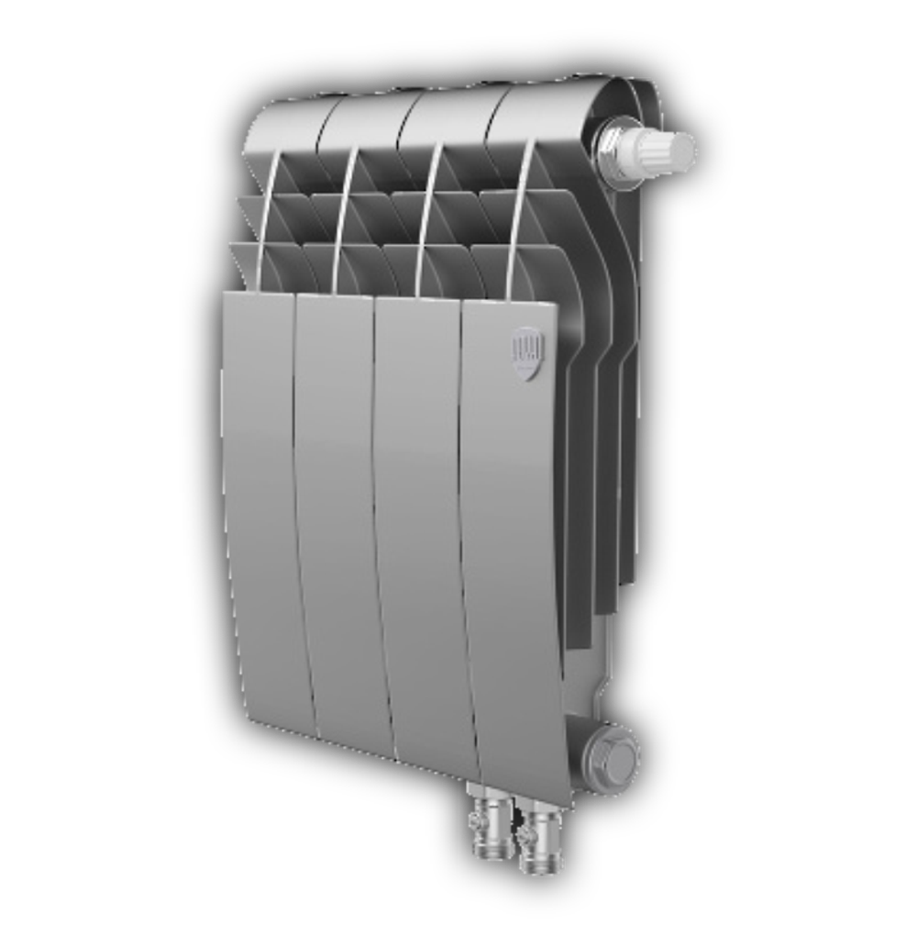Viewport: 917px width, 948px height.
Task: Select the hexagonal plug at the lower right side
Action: click(613, 756)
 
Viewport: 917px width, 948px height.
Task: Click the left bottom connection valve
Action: click(493, 825)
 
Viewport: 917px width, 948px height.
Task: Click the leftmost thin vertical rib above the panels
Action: click(267, 220)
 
